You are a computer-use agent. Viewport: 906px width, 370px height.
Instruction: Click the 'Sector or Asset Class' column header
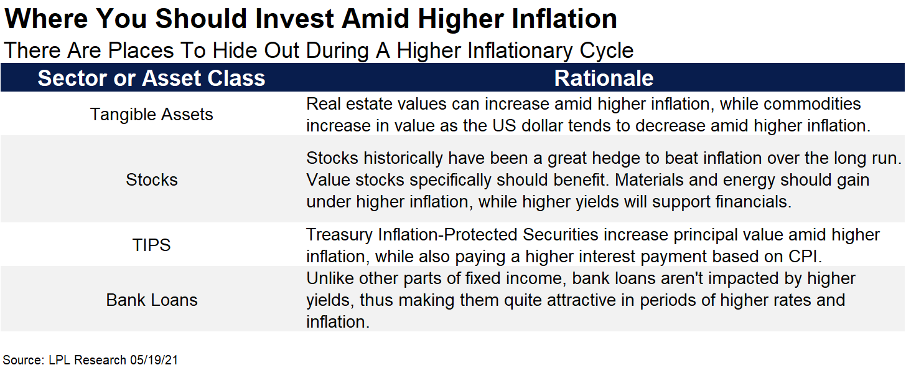coord(151,78)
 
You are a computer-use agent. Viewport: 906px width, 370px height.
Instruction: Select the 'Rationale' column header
coord(604,78)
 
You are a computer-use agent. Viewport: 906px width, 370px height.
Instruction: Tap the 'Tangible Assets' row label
coord(151,115)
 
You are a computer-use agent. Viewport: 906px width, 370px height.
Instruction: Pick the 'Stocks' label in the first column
coord(151,180)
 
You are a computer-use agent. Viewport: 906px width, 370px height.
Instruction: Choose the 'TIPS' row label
coord(151,245)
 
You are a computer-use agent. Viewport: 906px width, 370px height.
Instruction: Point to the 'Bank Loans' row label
coord(151,300)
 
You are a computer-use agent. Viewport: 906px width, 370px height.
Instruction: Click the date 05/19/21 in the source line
coord(154,360)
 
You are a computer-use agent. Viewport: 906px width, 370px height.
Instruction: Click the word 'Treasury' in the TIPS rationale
coord(339,235)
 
